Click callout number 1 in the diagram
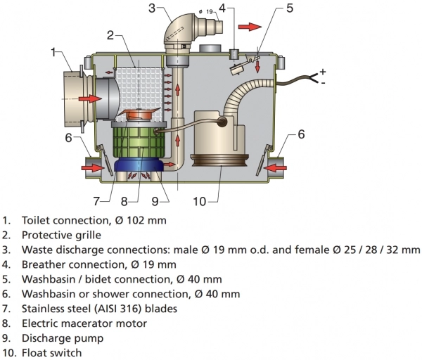[53, 51]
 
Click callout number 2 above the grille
[110, 35]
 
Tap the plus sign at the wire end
[323, 71]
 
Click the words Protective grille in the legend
[61, 235]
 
